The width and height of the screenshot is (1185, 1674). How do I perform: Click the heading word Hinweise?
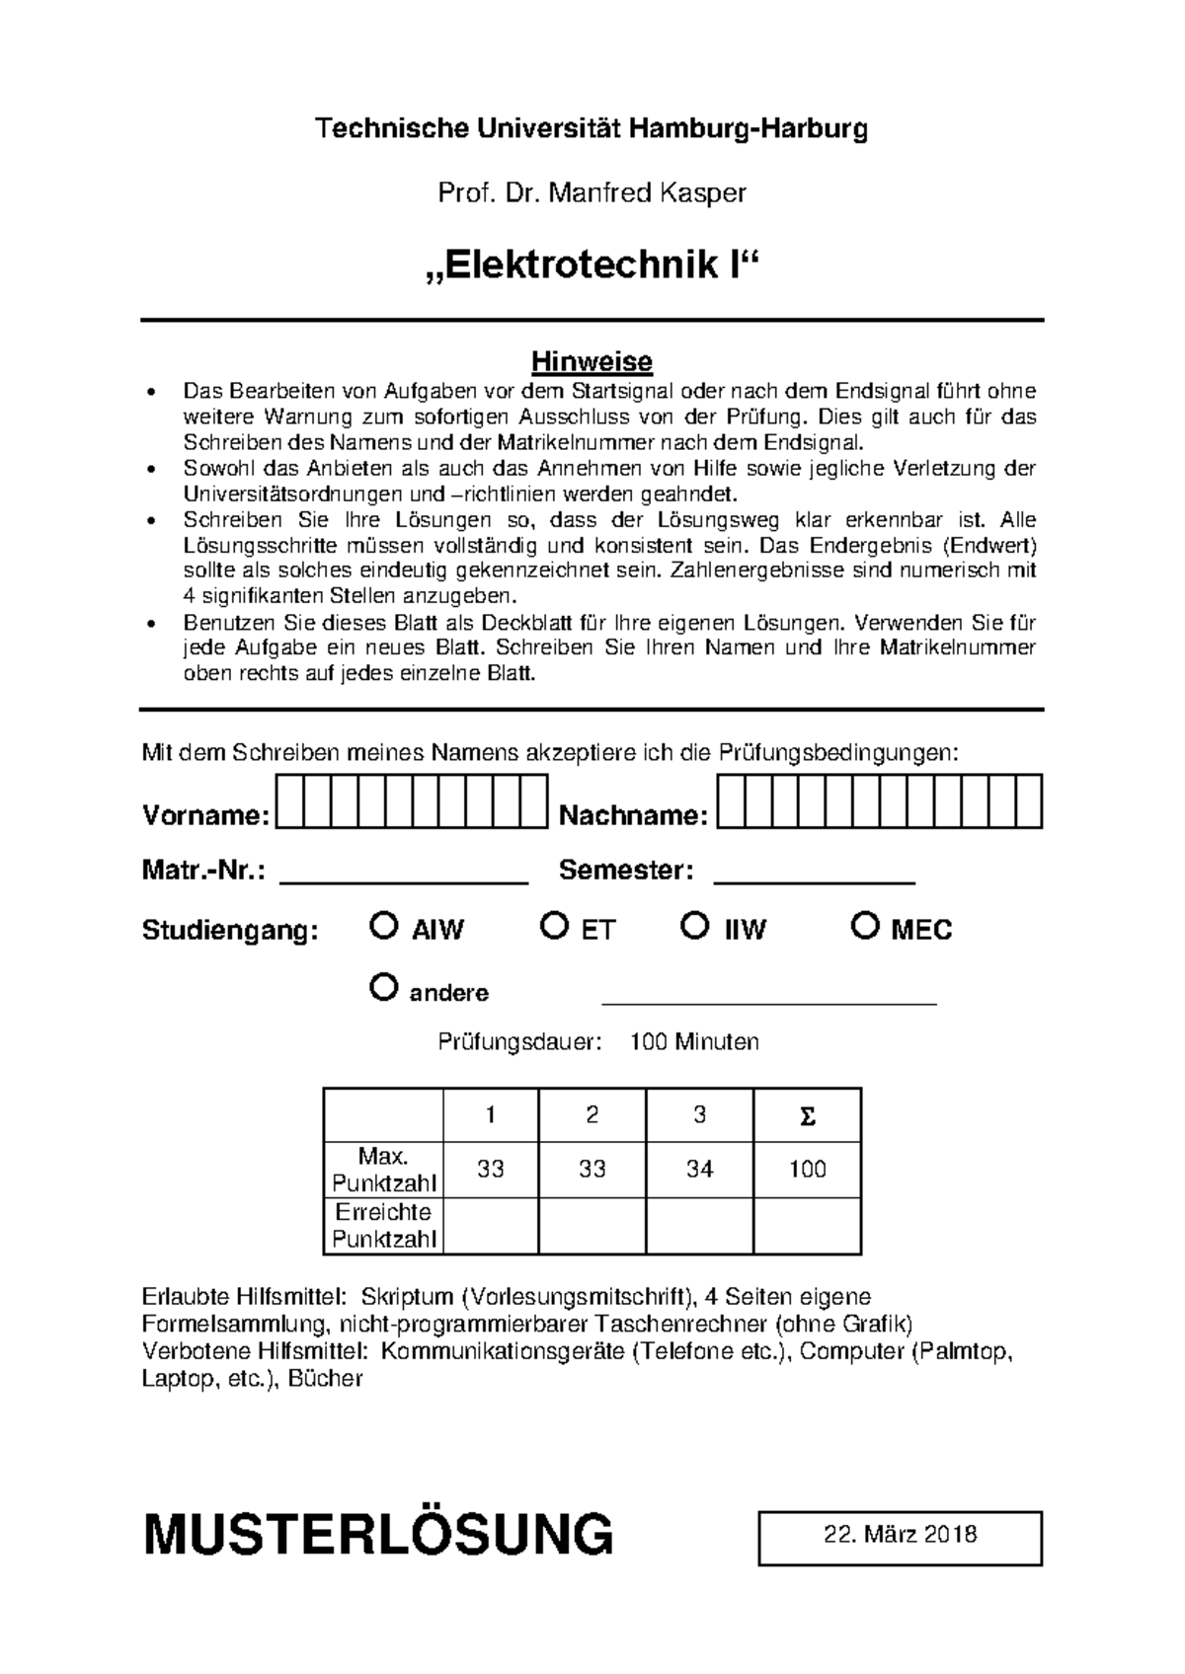point(592,361)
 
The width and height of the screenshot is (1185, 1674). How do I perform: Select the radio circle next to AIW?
point(383,926)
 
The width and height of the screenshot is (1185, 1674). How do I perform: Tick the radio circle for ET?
point(555,926)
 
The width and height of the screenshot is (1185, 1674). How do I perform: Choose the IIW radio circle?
point(695,926)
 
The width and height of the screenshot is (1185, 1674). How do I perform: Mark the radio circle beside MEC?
point(865,926)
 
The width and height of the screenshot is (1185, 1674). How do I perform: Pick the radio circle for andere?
point(383,987)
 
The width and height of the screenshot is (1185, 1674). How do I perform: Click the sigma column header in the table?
point(807,1116)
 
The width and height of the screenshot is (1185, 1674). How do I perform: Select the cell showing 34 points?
point(699,1170)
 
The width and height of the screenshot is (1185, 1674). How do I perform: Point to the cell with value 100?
point(807,1170)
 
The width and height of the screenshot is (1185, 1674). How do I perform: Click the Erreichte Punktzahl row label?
point(383,1226)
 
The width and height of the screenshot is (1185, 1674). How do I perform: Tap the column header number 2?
point(592,1115)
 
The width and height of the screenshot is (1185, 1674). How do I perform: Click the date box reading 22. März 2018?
point(900,1537)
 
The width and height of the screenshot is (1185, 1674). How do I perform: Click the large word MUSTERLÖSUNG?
point(378,1536)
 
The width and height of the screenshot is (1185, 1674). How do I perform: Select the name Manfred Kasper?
point(647,193)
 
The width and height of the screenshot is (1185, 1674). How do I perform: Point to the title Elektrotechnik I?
point(592,266)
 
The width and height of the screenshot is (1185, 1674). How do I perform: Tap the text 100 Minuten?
point(694,1042)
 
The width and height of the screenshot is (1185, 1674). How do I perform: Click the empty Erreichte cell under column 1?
point(491,1226)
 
